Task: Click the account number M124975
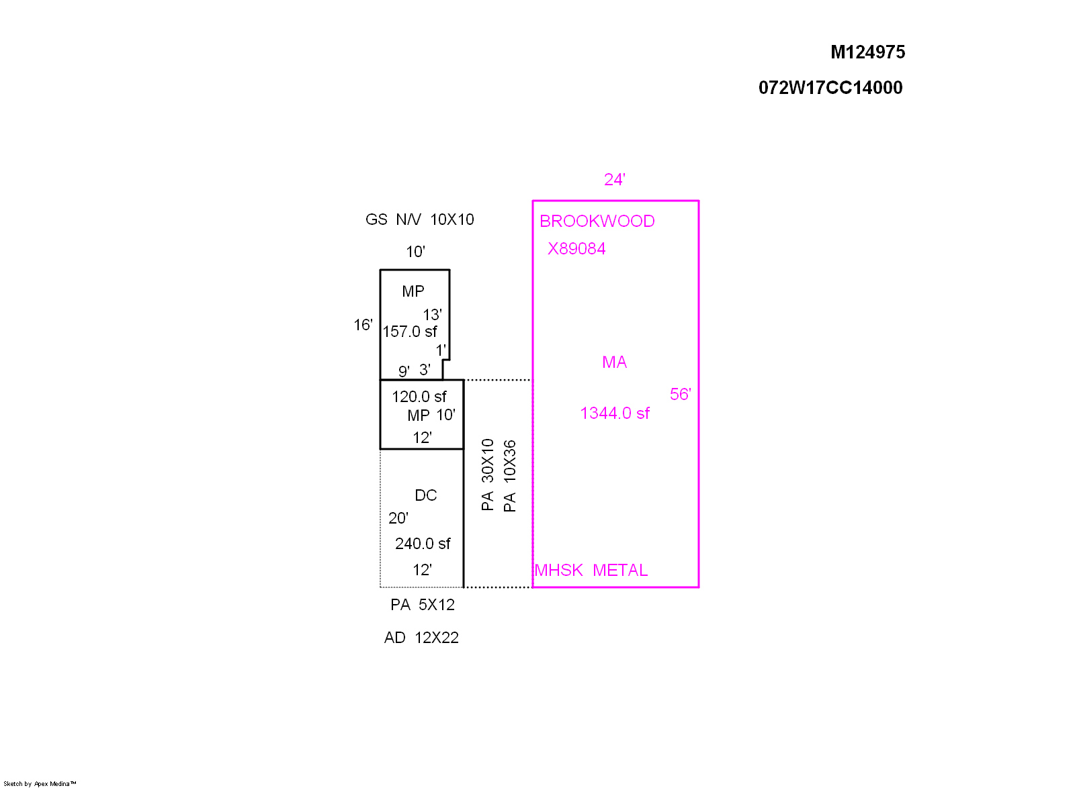(x=867, y=52)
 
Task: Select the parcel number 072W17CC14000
(x=830, y=88)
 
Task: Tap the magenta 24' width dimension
(x=614, y=180)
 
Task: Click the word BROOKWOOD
(x=597, y=221)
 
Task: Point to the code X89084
(x=576, y=249)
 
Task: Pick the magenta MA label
(x=614, y=362)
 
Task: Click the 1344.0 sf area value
(x=615, y=413)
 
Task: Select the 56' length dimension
(x=681, y=395)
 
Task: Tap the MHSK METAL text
(x=591, y=571)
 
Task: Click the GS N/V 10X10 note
(x=419, y=219)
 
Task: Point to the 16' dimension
(x=363, y=325)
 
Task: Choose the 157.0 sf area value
(x=410, y=332)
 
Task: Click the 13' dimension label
(x=433, y=315)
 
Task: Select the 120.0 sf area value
(x=419, y=397)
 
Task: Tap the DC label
(x=426, y=495)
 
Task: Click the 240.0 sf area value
(x=423, y=544)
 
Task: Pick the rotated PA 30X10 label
(x=488, y=475)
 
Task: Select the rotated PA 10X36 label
(x=510, y=476)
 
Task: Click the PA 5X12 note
(x=423, y=605)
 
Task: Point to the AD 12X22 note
(x=421, y=638)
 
